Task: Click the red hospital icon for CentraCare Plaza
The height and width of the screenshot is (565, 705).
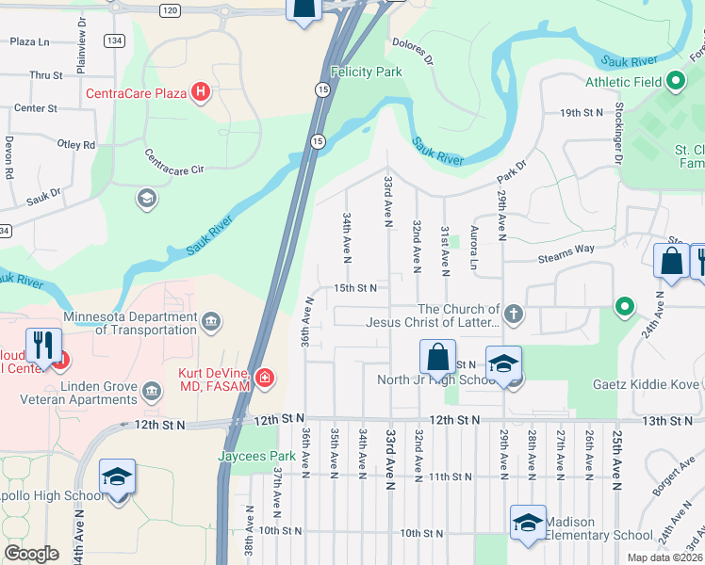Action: coord(200,92)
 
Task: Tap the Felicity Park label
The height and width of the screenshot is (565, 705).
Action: coord(367,72)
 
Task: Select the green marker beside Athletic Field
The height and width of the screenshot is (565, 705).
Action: coord(675,82)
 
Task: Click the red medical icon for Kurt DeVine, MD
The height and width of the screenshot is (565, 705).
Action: coord(266,379)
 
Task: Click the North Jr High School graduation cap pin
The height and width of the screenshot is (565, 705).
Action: coord(504,363)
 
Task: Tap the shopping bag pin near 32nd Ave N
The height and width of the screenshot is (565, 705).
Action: coord(437,357)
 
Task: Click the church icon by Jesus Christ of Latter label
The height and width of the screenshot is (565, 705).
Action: coord(513,315)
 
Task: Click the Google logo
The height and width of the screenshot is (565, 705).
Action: coord(31,554)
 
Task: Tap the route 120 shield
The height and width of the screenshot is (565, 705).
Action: coord(169,9)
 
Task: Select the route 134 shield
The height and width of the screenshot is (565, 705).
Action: coord(114,40)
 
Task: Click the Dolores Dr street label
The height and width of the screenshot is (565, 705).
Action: coord(412,51)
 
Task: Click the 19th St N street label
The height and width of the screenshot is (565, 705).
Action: coord(581,112)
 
